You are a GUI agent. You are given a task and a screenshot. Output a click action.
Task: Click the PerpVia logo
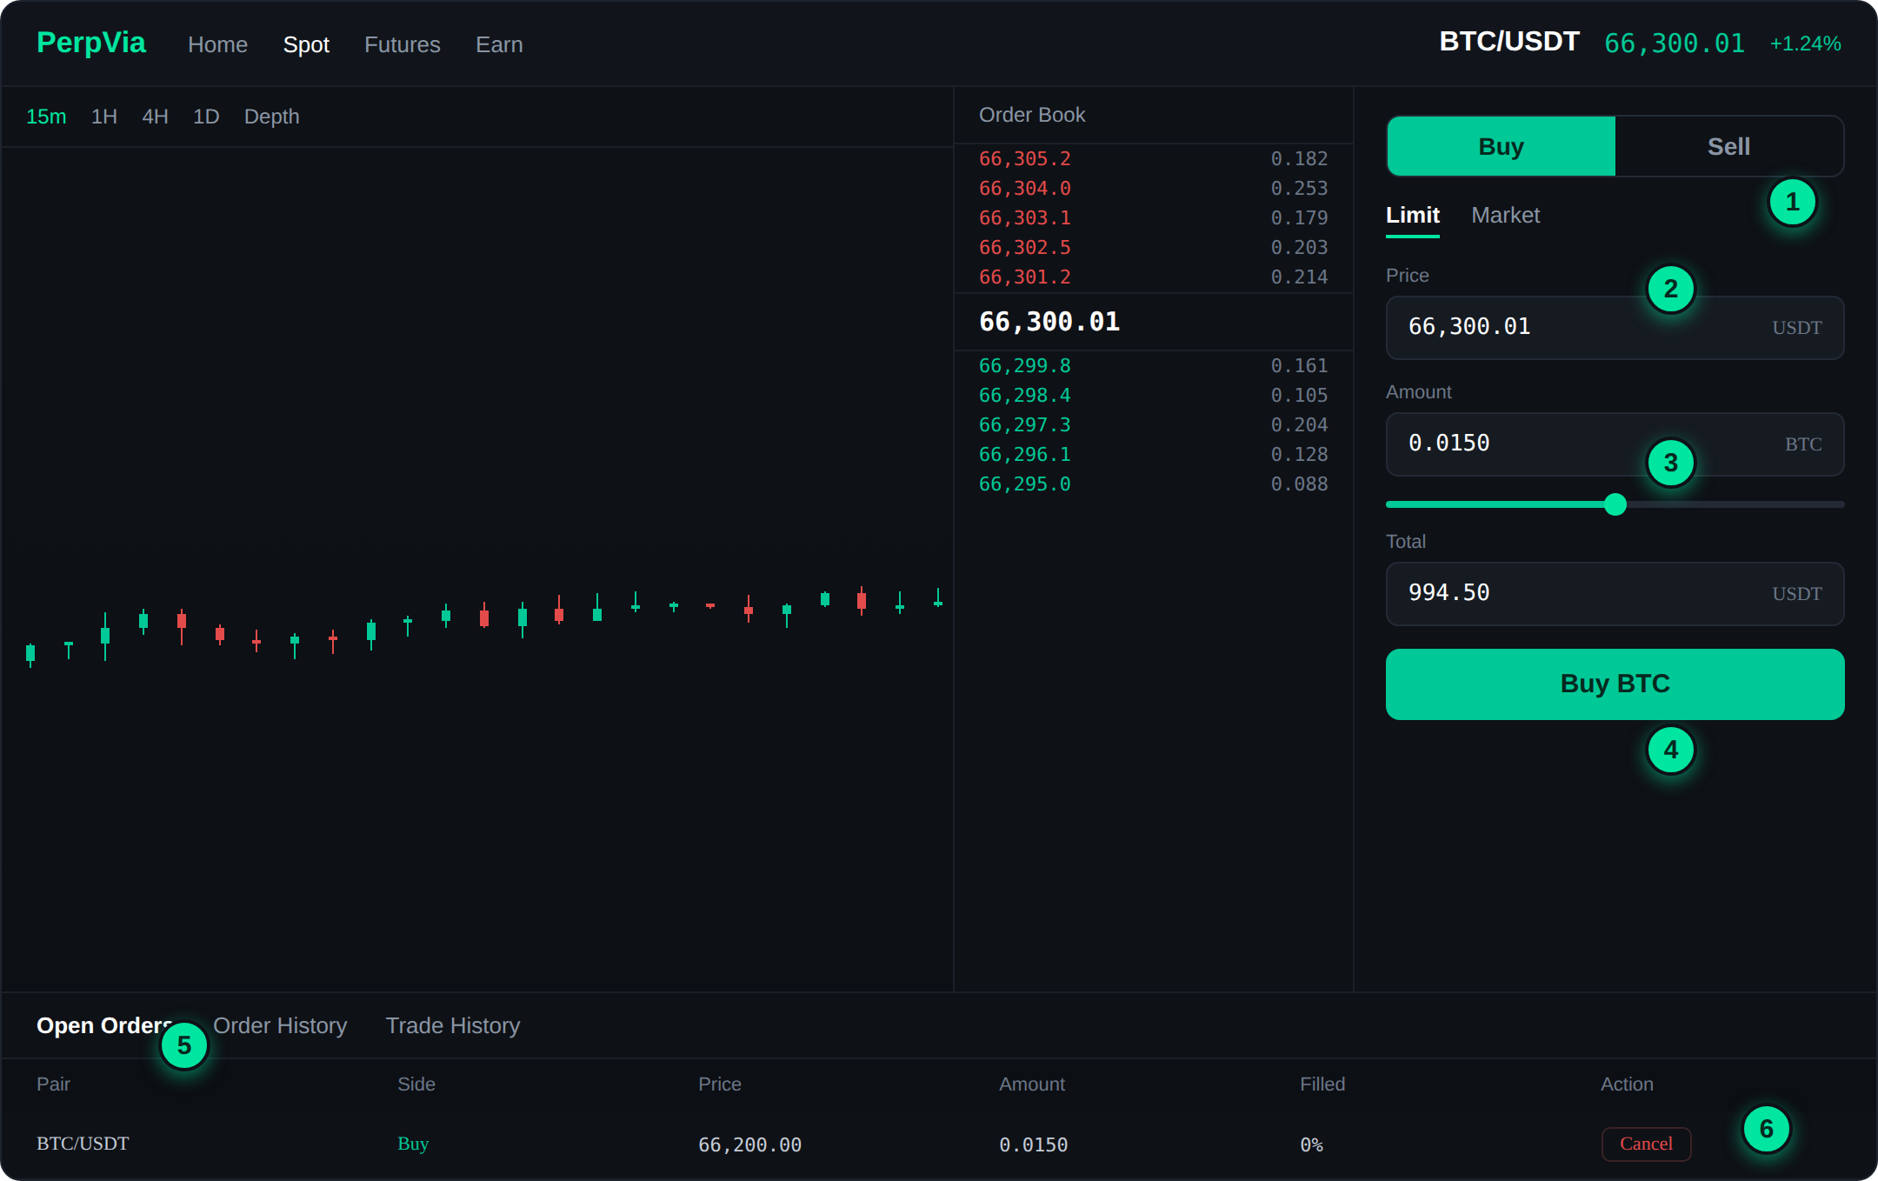(91, 43)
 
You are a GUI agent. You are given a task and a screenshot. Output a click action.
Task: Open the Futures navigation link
(403, 44)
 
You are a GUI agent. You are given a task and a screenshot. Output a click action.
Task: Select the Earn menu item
(499, 44)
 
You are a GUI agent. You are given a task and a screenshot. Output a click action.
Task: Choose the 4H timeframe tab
(155, 117)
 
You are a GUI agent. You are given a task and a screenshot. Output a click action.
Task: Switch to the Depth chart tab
(271, 117)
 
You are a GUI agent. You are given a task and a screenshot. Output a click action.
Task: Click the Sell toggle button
(1728, 146)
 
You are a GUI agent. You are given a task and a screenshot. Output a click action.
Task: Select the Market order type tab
(1506, 215)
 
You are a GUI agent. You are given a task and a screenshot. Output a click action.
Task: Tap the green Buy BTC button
(1615, 684)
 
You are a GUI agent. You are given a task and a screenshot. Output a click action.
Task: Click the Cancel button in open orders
(1647, 1144)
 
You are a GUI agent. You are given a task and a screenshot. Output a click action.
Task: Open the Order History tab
(280, 1025)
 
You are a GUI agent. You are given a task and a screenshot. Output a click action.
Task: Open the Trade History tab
(453, 1025)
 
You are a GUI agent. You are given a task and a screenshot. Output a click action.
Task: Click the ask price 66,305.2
(1025, 159)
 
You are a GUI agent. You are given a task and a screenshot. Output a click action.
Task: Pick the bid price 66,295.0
(1025, 484)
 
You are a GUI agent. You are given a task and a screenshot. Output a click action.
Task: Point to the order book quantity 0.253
(1299, 189)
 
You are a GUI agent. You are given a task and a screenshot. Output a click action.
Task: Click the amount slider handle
(1615, 504)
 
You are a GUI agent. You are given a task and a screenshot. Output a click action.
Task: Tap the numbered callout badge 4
(1671, 750)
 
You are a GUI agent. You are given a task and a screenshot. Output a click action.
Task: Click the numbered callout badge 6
(1767, 1129)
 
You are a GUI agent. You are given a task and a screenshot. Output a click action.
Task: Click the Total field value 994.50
(1449, 593)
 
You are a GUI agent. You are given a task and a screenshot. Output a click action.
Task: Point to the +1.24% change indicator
(1806, 43)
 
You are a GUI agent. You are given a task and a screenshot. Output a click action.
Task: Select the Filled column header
(1322, 1084)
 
